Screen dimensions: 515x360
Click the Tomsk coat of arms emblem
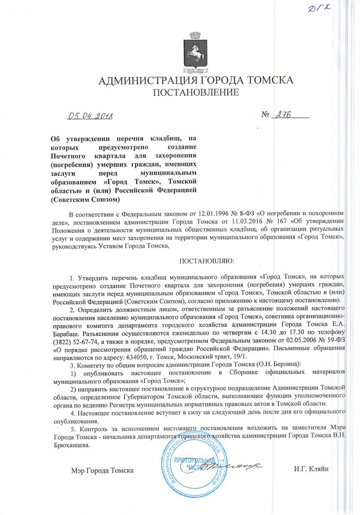[196, 51]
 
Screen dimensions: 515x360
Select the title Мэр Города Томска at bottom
[103, 470]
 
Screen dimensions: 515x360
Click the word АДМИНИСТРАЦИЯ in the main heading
[147, 81]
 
